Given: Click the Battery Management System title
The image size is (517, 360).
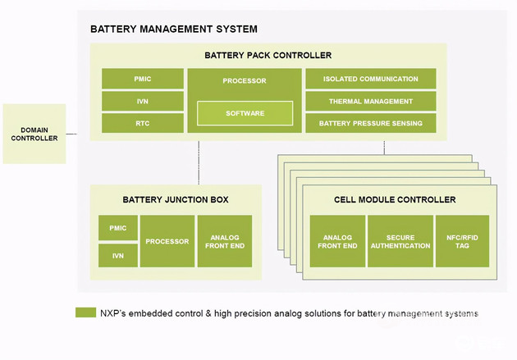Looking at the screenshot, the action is click(174, 29).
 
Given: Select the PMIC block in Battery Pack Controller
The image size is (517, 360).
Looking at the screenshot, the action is click(143, 79).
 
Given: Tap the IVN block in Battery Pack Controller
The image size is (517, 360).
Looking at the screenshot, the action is click(143, 101).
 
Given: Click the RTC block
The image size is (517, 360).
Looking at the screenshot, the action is click(143, 123).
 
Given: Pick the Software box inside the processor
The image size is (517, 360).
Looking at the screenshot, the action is click(245, 113).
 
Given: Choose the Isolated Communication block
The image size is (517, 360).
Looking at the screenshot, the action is click(371, 79).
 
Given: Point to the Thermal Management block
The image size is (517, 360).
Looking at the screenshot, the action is click(371, 101).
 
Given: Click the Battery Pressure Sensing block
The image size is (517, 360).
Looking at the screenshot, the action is click(371, 123).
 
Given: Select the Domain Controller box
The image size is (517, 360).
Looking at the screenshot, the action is click(34, 134).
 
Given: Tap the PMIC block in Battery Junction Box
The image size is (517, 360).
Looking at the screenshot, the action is click(118, 228).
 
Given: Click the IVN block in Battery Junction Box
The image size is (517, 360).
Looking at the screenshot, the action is click(118, 256).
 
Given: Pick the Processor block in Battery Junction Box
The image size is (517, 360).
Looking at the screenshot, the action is click(167, 241).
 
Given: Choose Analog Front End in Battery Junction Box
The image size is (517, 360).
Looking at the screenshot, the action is click(225, 241).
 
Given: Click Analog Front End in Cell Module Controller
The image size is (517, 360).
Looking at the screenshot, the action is click(337, 241).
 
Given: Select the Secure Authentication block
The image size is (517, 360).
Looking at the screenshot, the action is click(400, 241).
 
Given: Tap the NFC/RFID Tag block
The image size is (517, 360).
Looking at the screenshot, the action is click(462, 241).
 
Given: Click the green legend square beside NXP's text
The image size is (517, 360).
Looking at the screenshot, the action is click(85, 312).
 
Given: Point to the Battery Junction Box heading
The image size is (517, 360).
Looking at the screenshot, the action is click(176, 199).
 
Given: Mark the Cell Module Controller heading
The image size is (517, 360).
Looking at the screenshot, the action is click(395, 199).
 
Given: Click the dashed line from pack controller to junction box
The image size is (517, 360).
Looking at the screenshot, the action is click(199, 162).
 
